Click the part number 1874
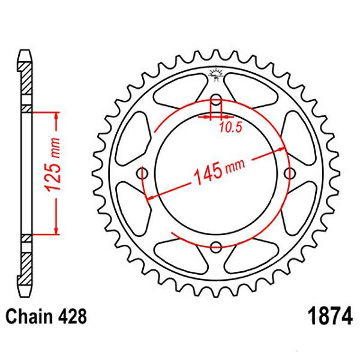pos(330,316)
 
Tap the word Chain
pos(29,316)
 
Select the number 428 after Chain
pos(72,316)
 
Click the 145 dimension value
pos(208,173)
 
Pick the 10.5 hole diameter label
pos(231,127)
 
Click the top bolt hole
pos(216,100)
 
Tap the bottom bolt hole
pos(216,247)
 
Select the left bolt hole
pos(142,173)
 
